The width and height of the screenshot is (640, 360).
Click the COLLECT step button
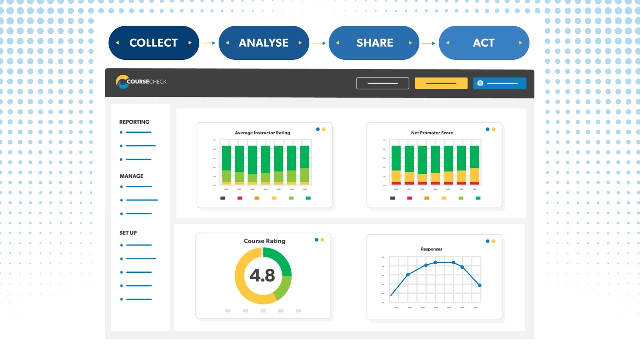pos(153,43)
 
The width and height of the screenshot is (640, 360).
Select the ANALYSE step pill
pos(263,43)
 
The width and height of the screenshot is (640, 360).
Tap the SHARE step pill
pos(374,43)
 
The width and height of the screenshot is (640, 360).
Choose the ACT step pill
pos(483,43)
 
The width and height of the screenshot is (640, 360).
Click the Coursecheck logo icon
pos(122,82)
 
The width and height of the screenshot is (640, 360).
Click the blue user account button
pos(499,83)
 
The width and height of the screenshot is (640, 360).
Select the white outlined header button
pos(382,83)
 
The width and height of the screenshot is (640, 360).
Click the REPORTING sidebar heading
pos(134,122)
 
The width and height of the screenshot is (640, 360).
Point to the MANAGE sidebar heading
pos(131,176)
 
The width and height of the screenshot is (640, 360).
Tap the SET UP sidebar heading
pos(128,233)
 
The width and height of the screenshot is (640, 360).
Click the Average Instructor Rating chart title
pos(262,133)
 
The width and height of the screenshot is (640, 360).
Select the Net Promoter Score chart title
pos(432,133)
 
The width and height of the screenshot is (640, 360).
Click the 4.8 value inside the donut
pos(262,276)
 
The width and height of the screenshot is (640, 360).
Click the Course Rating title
pos(264,241)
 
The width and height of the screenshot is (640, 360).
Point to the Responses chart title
pos(431,249)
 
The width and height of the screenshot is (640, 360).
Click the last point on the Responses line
pos(480,285)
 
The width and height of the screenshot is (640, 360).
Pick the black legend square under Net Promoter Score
pos(392,198)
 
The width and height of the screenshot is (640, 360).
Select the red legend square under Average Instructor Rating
pos(240,198)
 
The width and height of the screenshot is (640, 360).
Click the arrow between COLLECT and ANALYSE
pos(209,43)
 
